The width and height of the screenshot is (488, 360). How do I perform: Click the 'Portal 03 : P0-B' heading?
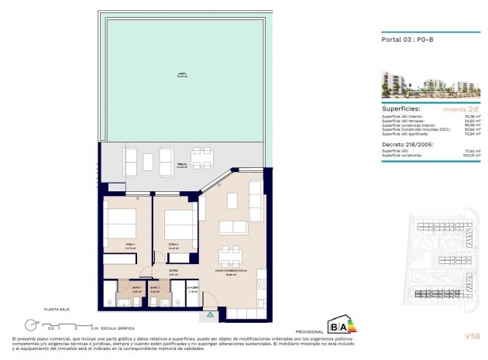407,39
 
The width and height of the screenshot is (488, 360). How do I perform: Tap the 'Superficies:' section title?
403,110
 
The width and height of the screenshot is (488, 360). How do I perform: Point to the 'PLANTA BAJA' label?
36,308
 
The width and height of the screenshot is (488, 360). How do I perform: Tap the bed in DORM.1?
121,226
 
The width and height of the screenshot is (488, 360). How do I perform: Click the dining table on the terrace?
201,158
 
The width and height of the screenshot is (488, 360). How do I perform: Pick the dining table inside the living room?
229,255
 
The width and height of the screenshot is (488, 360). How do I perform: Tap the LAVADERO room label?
193,288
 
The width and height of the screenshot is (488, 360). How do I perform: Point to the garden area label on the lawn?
182,75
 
